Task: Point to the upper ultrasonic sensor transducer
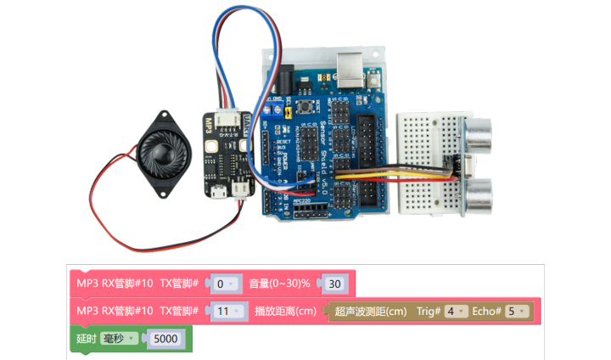pyautogui.click(x=479, y=132)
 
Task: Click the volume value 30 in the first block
pyautogui.click(x=335, y=284)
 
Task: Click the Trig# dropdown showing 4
pyautogui.click(x=455, y=312)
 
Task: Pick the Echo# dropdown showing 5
pyautogui.click(x=516, y=312)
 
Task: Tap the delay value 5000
pyautogui.click(x=165, y=339)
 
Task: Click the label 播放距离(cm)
pyautogui.click(x=286, y=312)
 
